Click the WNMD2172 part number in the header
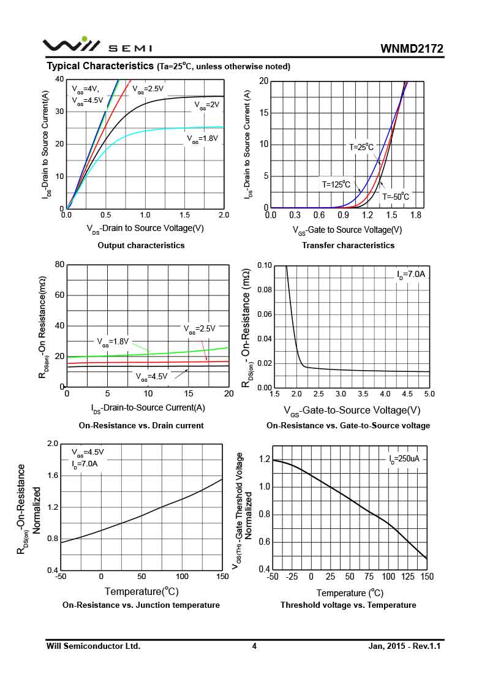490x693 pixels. tap(412, 48)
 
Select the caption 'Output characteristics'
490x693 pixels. tap(141, 245)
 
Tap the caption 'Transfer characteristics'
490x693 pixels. tap(348, 245)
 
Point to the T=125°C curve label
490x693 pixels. tap(336, 184)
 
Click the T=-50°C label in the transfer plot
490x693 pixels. tap(396, 197)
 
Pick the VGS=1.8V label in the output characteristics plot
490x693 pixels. tap(202, 139)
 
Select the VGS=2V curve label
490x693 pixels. tap(207, 105)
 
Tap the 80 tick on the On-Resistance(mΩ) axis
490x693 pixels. tap(59, 265)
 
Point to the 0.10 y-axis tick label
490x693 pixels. tap(264, 265)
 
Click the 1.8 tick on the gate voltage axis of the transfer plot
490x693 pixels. tap(417, 216)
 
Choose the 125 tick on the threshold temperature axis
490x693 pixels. tap(407, 577)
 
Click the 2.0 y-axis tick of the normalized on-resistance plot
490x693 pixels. tap(53, 444)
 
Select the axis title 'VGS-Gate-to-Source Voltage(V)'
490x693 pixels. tap(352, 410)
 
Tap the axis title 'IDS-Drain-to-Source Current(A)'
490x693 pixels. tap(148, 408)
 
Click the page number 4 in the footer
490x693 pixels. tap(254, 646)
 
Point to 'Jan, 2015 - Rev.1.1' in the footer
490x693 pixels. tap(405, 646)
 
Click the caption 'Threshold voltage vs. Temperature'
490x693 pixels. tap(348, 605)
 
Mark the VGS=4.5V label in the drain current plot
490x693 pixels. tap(151, 376)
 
